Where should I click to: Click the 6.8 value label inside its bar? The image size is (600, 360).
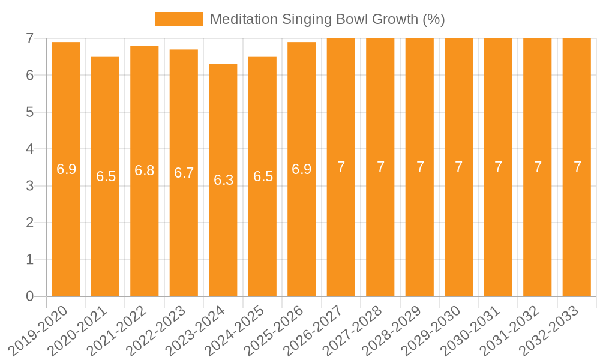(145, 170)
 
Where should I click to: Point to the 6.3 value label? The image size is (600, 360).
(223, 180)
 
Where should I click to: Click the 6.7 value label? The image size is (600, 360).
(184, 173)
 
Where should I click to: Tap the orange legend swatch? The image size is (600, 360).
(178, 19)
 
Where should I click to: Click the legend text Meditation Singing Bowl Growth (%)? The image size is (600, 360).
(327, 19)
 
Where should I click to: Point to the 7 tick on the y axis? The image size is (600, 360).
(29, 38)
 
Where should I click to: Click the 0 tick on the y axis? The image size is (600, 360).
(29, 296)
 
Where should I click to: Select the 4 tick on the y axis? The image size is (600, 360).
(29, 149)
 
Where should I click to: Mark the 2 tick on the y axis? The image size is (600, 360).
(29, 223)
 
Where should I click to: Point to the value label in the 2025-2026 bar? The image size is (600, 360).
(302, 169)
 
